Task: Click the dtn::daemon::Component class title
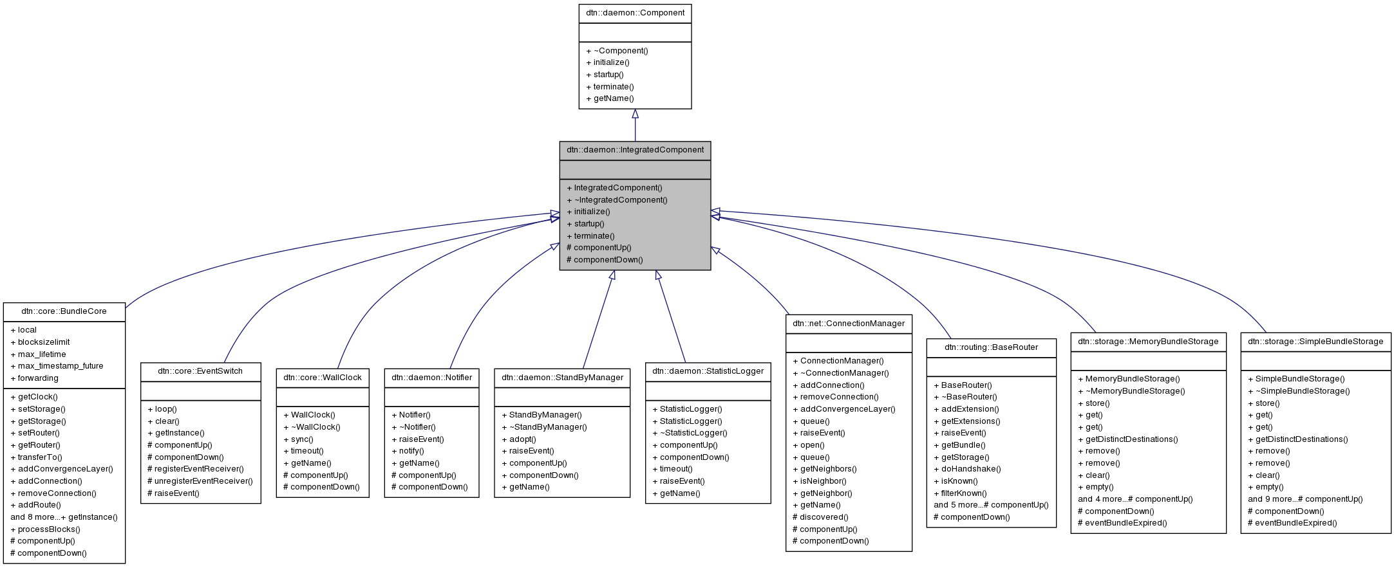click(635, 13)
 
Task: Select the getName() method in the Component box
click(610, 98)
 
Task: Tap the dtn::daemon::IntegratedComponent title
click(635, 150)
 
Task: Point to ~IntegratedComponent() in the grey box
click(617, 200)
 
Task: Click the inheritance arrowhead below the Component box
click(635, 114)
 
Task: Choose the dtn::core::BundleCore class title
click(64, 311)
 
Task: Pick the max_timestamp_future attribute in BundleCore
click(57, 366)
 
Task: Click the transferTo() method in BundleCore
click(36, 457)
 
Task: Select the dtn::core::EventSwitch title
click(200, 371)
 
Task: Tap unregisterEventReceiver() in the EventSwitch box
click(200, 481)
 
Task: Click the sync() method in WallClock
click(298, 439)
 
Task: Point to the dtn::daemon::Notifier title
click(431, 378)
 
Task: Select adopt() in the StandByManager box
click(518, 439)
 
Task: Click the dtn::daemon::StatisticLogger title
click(708, 371)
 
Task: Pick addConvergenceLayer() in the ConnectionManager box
click(843, 409)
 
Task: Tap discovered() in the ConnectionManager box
click(820, 517)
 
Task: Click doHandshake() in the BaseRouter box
click(967, 469)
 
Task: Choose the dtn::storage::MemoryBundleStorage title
click(1148, 342)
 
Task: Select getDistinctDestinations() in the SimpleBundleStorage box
click(1297, 439)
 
